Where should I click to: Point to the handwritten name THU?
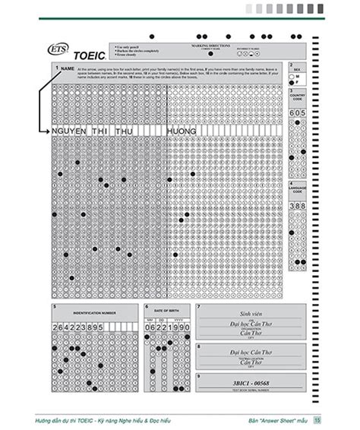(x=123, y=131)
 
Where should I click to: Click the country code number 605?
(x=297, y=112)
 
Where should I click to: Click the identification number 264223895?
(x=78, y=326)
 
